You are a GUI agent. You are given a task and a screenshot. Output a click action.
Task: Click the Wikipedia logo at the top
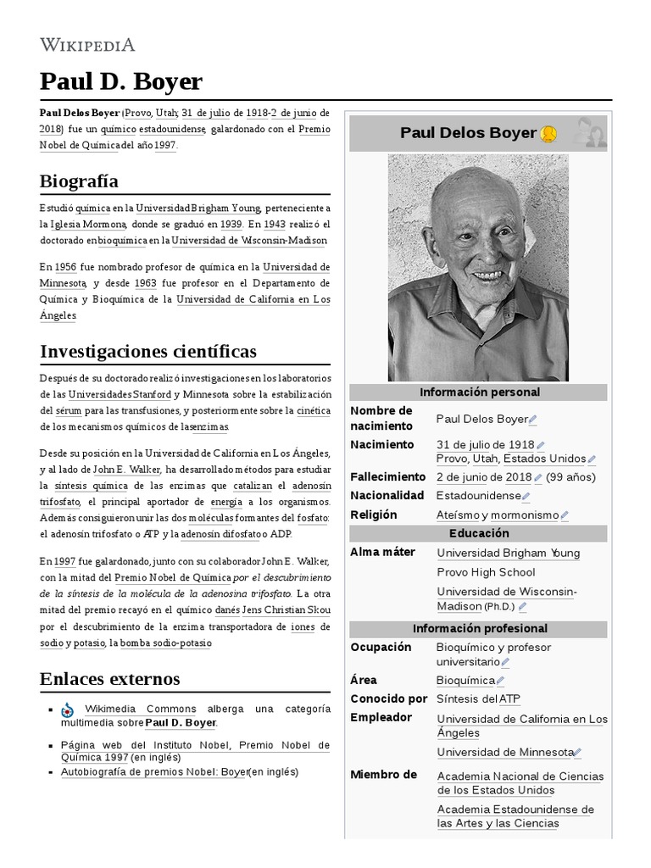(87, 45)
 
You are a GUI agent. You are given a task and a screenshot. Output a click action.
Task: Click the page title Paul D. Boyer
(121, 81)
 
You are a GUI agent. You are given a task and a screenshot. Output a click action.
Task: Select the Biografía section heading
(79, 181)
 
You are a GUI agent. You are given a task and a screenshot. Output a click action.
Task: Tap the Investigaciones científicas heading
(147, 350)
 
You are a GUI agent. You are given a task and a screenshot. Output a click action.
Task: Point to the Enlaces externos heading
(109, 678)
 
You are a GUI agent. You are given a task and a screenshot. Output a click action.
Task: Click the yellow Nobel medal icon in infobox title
(548, 133)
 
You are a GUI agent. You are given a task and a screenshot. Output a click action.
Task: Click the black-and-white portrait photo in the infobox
(478, 267)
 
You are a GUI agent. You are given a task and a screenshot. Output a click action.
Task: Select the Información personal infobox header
(479, 392)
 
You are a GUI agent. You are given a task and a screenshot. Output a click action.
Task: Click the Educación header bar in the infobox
(479, 533)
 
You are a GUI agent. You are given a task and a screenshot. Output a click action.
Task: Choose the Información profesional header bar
(479, 629)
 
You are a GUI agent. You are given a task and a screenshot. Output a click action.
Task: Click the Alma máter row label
(382, 552)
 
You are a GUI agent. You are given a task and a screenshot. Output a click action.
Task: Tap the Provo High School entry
(486, 572)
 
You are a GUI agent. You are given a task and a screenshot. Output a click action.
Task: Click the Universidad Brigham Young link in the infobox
(508, 553)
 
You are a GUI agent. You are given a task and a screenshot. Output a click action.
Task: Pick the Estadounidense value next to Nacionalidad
(478, 495)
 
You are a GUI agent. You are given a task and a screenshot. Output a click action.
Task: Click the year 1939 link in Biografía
(231, 225)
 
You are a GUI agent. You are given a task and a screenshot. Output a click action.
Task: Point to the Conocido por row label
(388, 698)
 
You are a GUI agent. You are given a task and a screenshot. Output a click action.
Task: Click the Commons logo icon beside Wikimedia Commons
(67, 709)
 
